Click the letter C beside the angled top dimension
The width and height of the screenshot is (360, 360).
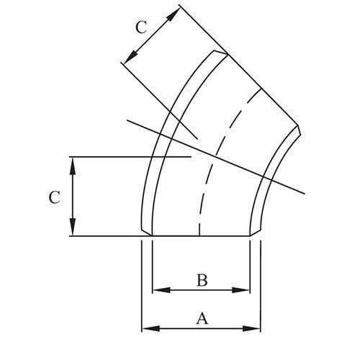[x=142, y=28]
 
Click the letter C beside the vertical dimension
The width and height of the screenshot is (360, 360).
[x=54, y=196]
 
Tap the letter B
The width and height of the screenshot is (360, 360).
[x=202, y=281]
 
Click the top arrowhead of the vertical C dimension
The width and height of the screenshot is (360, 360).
[x=73, y=161]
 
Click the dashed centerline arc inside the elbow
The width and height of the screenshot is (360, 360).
[x=209, y=166]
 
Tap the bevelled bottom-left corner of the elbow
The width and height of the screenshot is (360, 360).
[x=144, y=232]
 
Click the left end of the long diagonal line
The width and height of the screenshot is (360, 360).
[x=126, y=120]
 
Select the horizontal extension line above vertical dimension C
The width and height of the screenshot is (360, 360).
[x=130, y=156]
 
